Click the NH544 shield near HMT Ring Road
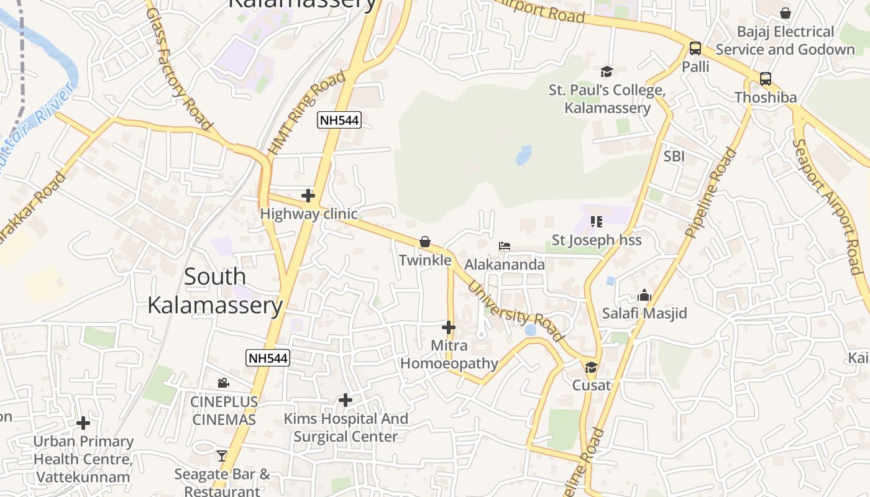pyautogui.click(x=339, y=120)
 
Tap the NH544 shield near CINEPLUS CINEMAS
pyautogui.click(x=268, y=358)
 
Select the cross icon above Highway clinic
pyautogui.click(x=308, y=196)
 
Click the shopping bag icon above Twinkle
pyautogui.click(x=425, y=242)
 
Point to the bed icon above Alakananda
pyautogui.click(x=505, y=247)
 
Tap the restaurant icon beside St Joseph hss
pyautogui.click(x=597, y=221)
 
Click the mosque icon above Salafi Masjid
pyautogui.click(x=644, y=295)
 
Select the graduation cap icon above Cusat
pyautogui.click(x=591, y=367)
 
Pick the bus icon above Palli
pyautogui.click(x=695, y=48)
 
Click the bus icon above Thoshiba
pyautogui.click(x=766, y=79)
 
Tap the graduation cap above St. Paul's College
pyautogui.click(x=607, y=71)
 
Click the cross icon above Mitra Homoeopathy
pyautogui.click(x=449, y=327)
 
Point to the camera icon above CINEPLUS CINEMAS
pyautogui.click(x=223, y=383)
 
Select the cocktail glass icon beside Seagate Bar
pyautogui.click(x=222, y=456)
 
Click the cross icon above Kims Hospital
pyautogui.click(x=346, y=400)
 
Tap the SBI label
pyautogui.click(x=674, y=157)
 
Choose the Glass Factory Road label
pyautogui.click(x=180, y=68)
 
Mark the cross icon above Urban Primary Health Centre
pyautogui.click(x=83, y=424)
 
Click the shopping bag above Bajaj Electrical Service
pyautogui.click(x=785, y=13)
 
